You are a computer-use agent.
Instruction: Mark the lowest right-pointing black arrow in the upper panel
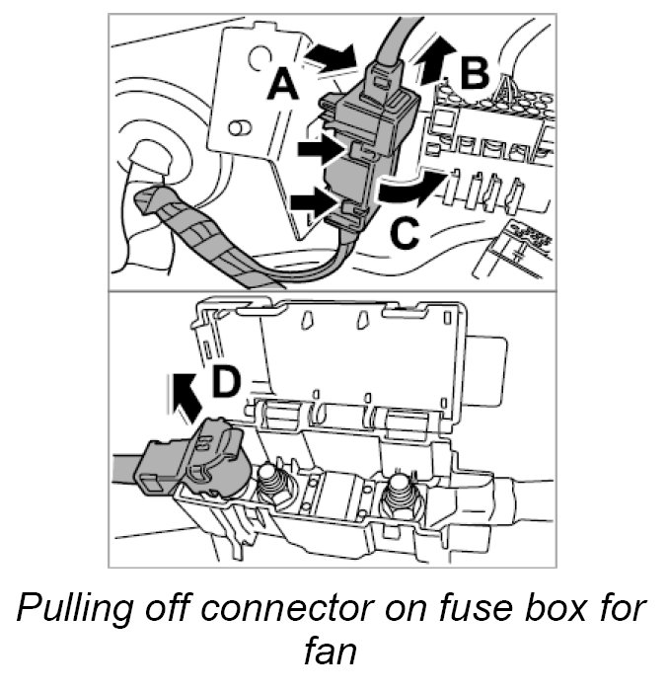click(312, 202)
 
